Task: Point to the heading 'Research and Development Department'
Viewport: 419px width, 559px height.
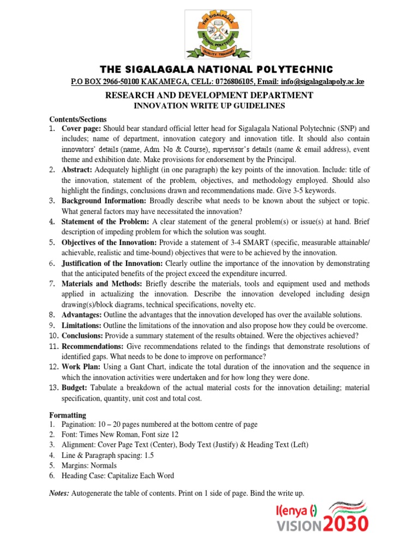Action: coord(209,96)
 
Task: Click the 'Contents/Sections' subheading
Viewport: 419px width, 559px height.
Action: coord(78,119)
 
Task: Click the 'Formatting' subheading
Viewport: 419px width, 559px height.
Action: coord(68,415)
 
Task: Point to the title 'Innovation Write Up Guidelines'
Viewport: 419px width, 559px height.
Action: coord(209,105)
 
